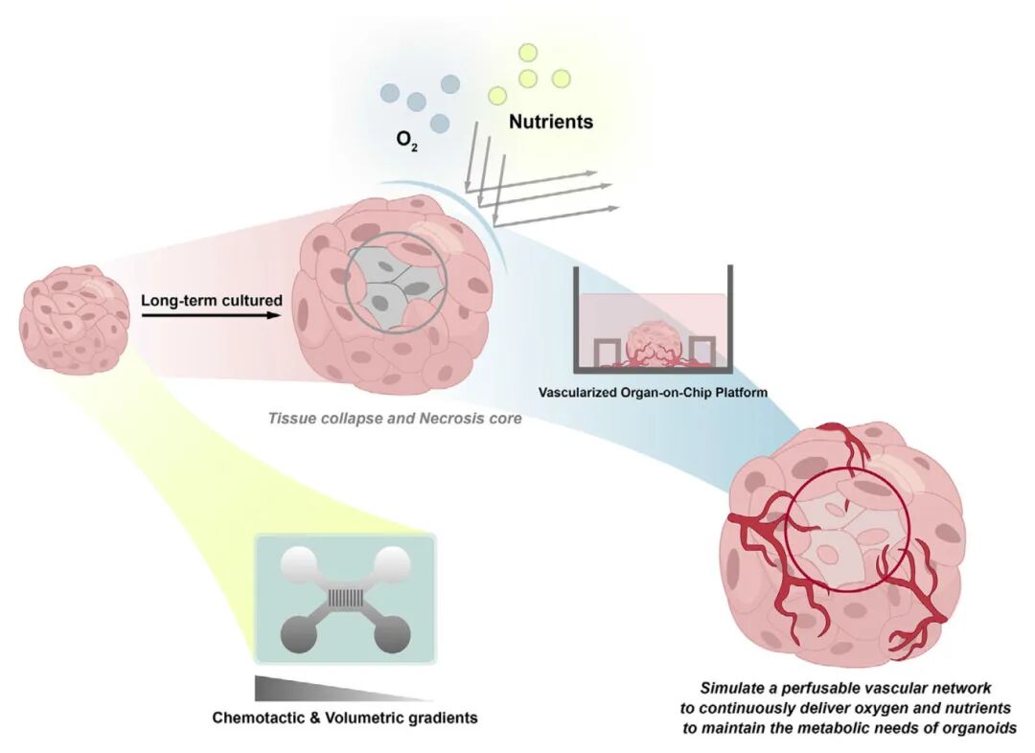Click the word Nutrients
[550, 122]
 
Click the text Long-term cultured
[212, 300]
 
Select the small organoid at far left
[75, 319]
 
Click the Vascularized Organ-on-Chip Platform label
[653, 392]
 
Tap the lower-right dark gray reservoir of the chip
[392, 635]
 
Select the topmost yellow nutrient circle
[527, 53]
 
